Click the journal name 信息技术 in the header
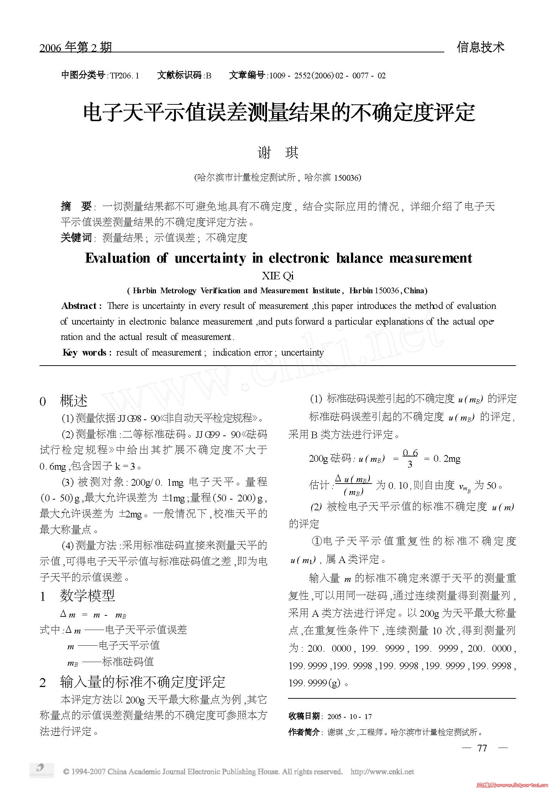point(480,47)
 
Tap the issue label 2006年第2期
point(75,48)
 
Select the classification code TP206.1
point(124,76)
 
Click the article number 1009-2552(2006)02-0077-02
point(327,76)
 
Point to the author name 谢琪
point(278,153)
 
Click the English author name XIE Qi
point(278,276)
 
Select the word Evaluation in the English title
point(117,258)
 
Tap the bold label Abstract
point(82,306)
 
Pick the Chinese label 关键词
point(76,238)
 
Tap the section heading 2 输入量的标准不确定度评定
point(132,682)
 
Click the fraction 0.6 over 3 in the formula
point(410,458)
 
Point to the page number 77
point(482,748)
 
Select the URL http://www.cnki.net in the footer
point(382,772)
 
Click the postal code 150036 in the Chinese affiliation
point(347,177)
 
